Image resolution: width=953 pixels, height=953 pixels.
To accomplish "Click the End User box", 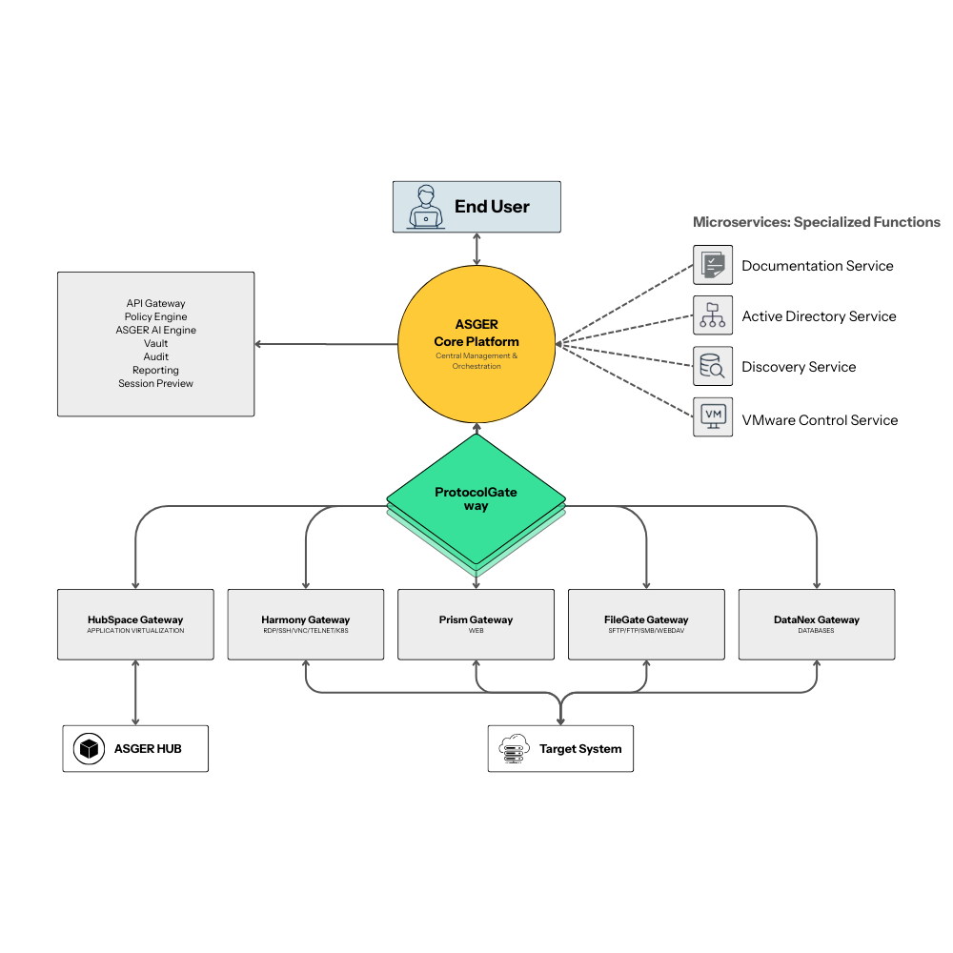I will [476, 207].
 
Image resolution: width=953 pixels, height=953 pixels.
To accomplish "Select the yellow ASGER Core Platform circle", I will [476, 344].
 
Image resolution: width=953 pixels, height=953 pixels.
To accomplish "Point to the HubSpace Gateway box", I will [135, 624].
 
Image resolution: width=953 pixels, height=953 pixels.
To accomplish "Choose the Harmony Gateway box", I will [305, 624].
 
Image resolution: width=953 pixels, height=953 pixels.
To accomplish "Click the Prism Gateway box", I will [476, 624].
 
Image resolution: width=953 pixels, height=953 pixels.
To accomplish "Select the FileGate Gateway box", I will [646, 624].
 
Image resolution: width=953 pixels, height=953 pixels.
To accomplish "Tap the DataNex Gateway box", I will [817, 624].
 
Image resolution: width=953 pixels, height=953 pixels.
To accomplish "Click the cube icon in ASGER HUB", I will [89, 749].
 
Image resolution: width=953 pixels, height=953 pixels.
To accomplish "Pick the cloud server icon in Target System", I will [513, 749].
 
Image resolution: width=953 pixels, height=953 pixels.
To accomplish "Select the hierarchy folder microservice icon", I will [713, 315].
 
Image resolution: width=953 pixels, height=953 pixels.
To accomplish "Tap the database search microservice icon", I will [713, 366].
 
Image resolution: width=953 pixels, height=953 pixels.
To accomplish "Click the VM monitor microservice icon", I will [713, 416].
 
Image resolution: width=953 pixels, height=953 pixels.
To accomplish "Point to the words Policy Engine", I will [155, 316].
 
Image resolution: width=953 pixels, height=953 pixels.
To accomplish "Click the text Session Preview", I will [155, 383].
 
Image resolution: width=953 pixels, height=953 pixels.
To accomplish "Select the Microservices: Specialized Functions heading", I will [816, 222].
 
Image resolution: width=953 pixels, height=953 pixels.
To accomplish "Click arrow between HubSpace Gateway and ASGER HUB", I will [135, 693].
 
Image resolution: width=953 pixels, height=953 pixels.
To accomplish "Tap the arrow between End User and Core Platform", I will [476, 250].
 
